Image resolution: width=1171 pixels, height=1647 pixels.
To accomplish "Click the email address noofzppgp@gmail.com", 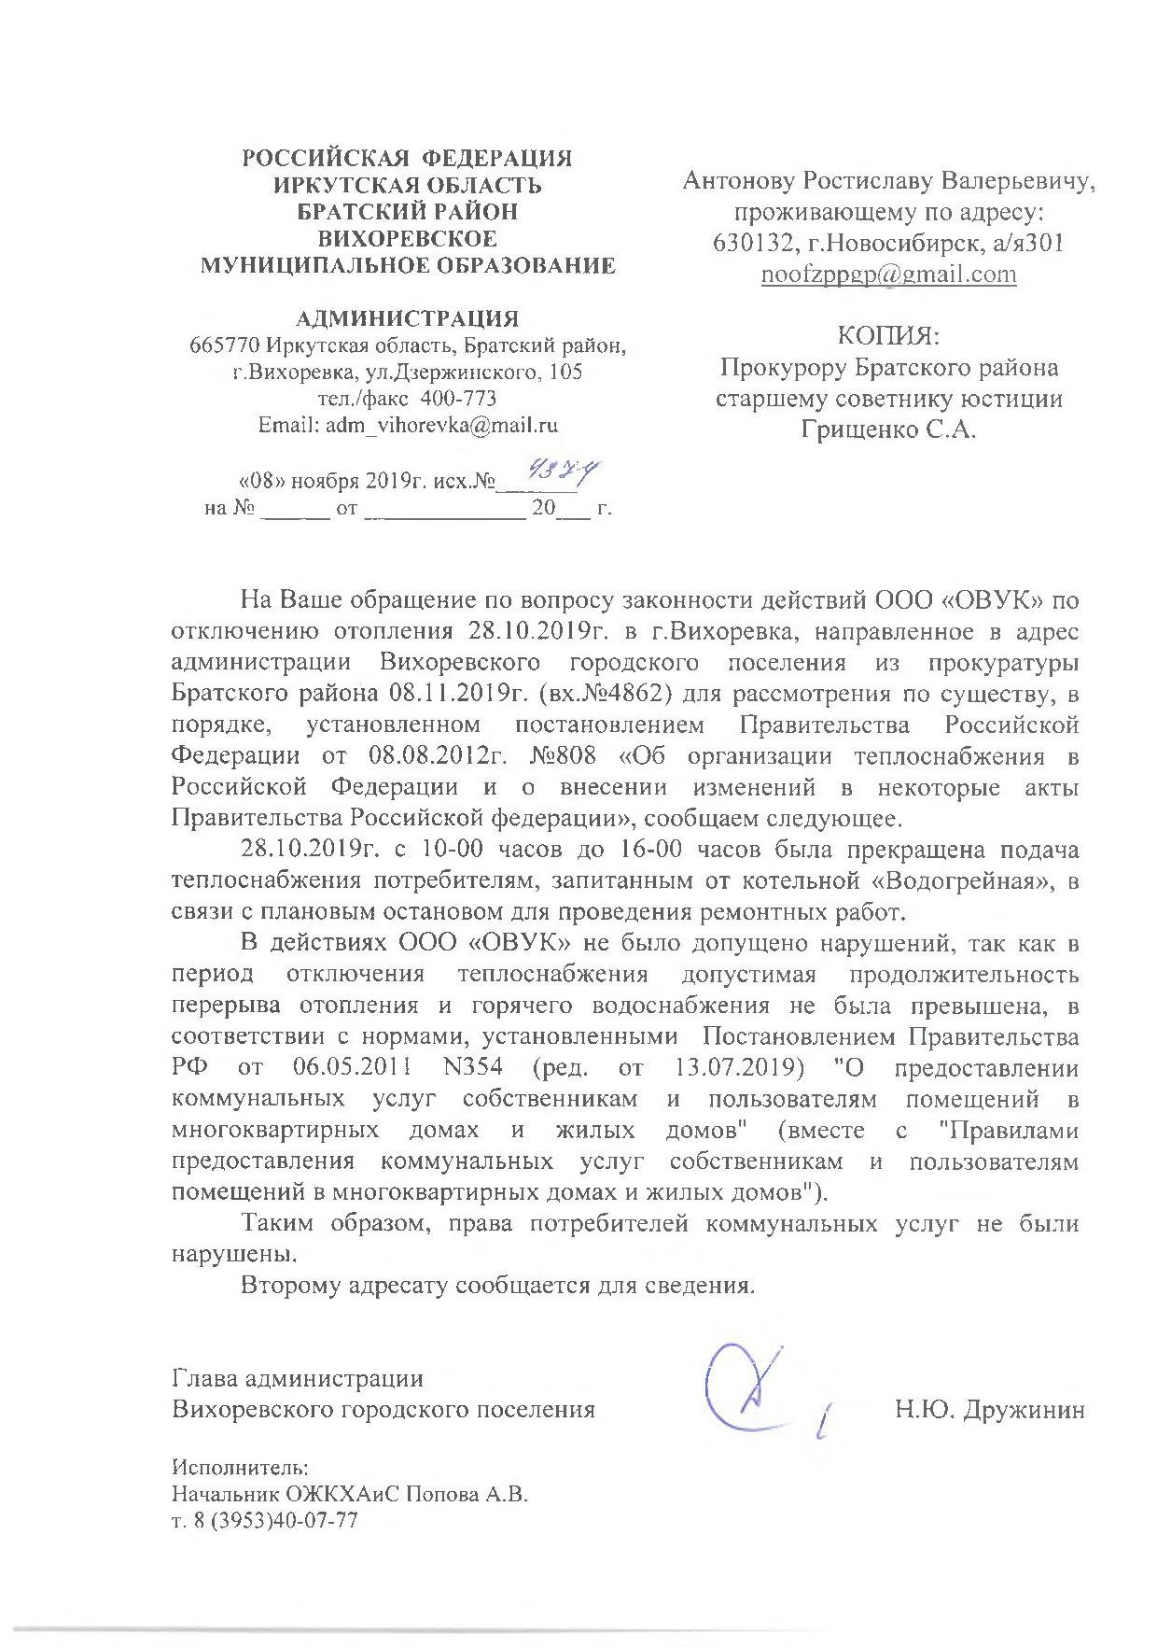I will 888,275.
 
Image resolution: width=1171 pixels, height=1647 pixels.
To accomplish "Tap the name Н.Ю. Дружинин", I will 990,1409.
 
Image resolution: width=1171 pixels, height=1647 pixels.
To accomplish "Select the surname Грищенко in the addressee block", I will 847,431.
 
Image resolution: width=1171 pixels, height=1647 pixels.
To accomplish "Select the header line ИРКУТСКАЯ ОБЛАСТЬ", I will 408,185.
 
